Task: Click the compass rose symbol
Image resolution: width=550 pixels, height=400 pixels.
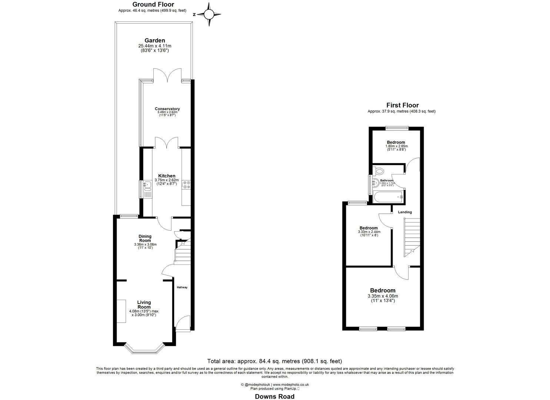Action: (209, 14)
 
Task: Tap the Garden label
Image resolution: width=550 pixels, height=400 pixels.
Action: (154, 40)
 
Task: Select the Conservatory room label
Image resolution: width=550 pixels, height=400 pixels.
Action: (165, 109)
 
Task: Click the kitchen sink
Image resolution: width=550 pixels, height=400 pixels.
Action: (146, 184)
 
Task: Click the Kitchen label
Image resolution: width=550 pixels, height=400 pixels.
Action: (167, 176)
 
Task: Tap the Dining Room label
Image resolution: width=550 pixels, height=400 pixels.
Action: (145, 238)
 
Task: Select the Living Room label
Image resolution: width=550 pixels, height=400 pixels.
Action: (144, 304)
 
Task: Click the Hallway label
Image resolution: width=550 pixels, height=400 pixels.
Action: (182, 287)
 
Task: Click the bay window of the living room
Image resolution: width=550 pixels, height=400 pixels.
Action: (144, 349)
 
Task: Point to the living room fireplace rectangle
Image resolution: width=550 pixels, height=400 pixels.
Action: (121, 311)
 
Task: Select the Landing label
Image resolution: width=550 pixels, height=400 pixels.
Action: (404, 212)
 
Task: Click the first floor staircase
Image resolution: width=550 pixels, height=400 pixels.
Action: (412, 237)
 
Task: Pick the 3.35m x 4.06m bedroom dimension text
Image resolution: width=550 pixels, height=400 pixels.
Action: (383, 296)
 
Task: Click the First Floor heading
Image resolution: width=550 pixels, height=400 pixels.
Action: (402, 105)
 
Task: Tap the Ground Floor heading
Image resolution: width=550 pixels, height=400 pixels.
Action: (153, 4)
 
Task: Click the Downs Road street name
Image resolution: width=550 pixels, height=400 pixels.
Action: (274, 397)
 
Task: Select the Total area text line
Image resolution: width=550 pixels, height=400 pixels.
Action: (274, 361)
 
